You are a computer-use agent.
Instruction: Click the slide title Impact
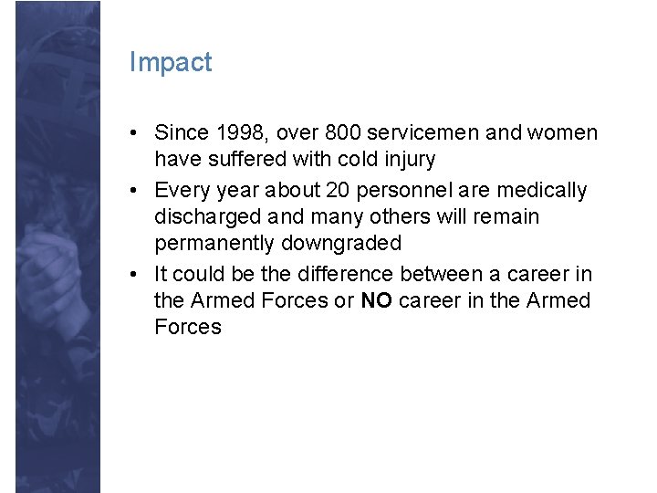tap(171, 62)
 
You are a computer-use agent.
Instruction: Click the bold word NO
tap(376, 300)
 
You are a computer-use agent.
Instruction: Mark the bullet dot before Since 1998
tap(134, 133)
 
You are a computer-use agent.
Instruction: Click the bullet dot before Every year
tap(134, 191)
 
